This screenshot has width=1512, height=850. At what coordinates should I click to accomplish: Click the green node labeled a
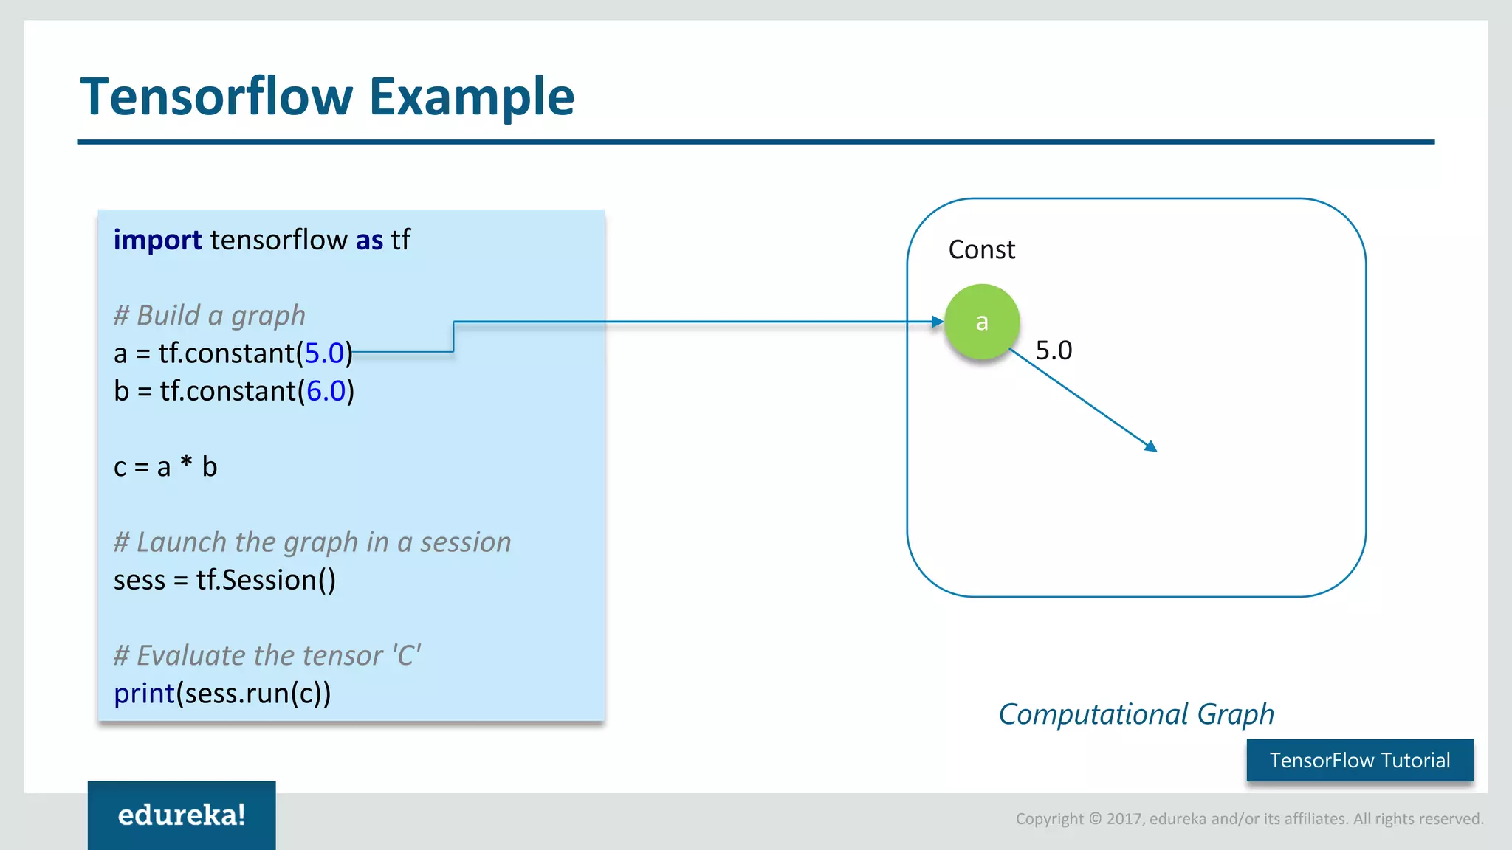[x=982, y=322]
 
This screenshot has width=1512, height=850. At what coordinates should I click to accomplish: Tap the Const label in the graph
[x=981, y=249]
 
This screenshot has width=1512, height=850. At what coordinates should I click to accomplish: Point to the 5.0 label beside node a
[x=1054, y=350]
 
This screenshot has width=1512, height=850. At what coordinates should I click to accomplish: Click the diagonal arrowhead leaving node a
[x=1151, y=446]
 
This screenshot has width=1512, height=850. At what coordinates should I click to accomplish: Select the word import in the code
[x=157, y=240]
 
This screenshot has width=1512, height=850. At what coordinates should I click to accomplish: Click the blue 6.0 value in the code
[x=326, y=390]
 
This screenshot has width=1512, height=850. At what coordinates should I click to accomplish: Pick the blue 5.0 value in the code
[x=324, y=353]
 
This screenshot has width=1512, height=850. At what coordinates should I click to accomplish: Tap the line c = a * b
[x=165, y=466]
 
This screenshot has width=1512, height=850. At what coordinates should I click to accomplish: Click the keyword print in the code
[x=144, y=693]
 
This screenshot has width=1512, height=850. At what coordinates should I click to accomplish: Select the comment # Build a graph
[x=209, y=315]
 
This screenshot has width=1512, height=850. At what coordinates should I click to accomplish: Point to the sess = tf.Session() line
[x=224, y=580]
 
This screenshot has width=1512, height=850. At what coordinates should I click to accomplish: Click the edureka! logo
[x=182, y=815]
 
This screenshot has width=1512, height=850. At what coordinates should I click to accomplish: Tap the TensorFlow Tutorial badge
[x=1360, y=760]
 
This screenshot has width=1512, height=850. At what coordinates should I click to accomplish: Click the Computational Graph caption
[x=1136, y=713]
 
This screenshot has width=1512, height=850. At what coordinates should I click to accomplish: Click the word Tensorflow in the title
[x=217, y=97]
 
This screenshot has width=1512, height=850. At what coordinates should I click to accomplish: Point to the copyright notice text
[x=1249, y=818]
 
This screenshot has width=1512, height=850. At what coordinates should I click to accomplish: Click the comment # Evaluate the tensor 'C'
[x=267, y=655]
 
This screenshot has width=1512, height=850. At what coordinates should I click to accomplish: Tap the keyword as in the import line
[x=369, y=240]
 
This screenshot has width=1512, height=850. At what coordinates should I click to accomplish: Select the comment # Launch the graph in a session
[x=312, y=542]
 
